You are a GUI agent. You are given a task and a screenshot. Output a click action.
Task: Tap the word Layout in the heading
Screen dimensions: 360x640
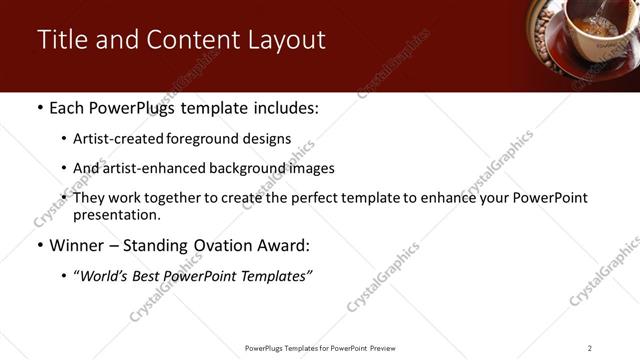tap(289, 40)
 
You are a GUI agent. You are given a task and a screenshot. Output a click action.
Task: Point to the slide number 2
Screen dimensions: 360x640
tap(590, 348)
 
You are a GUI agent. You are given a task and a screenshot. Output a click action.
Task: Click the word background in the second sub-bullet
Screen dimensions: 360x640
tap(234, 168)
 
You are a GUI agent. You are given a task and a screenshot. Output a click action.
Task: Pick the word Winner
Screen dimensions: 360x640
tap(77, 245)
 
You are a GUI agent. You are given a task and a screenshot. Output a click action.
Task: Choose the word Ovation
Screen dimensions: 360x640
tap(226, 245)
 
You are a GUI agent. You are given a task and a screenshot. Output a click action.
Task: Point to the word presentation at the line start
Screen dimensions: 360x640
tap(117, 214)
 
